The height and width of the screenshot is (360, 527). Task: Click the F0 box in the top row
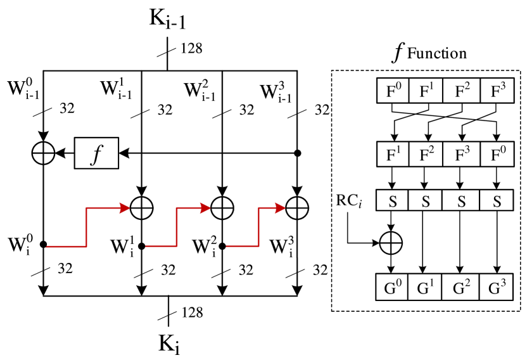[393, 91]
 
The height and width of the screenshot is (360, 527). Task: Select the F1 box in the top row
[426, 91]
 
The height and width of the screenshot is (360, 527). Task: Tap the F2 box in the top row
[462, 91]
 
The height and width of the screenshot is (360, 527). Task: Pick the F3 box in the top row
[497, 91]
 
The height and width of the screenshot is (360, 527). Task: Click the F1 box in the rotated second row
[393, 153]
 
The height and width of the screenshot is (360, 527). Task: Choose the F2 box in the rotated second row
[426, 153]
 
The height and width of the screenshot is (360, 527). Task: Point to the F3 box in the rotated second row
[462, 153]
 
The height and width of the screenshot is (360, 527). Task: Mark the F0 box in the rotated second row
[497, 153]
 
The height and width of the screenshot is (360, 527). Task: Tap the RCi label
[349, 202]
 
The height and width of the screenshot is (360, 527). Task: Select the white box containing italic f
[96, 153]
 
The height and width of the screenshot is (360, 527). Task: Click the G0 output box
[393, 287]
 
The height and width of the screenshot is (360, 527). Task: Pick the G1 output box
[426, 287]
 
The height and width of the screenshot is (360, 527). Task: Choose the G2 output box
[462, 287]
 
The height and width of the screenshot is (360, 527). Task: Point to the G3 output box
[497, 287]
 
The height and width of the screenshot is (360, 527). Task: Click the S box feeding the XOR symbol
[392, 201]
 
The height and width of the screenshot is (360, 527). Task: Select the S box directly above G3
[497, 201]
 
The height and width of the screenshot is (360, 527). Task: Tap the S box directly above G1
[426, 201]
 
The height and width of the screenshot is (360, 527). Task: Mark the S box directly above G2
[462, 201]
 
